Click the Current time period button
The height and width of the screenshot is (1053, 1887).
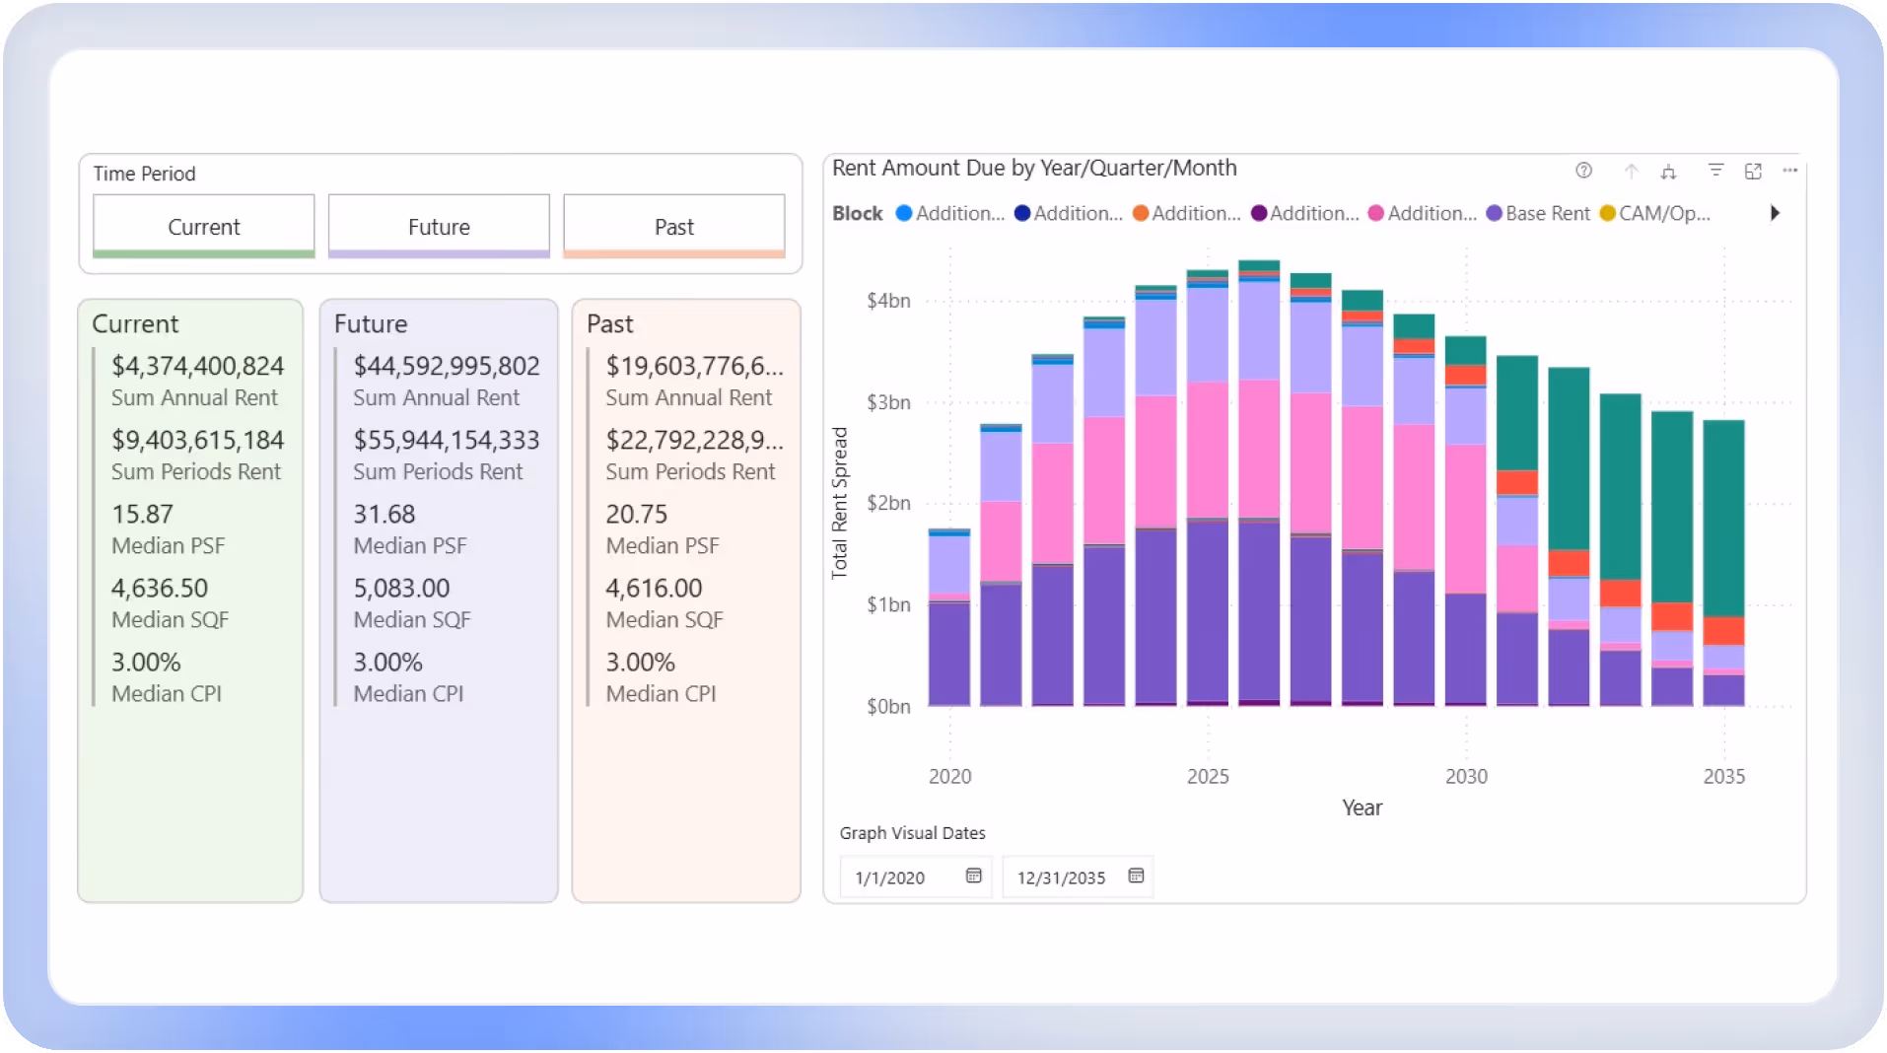click(x=204, y=226)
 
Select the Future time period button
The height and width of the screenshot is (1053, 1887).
click(x=439, y=226)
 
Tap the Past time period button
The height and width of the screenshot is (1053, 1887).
click(x=674, y=226)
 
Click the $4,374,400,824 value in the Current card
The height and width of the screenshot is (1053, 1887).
click(x=197, y=366)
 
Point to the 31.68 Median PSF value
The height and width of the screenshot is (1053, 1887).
click(x=384, y=514)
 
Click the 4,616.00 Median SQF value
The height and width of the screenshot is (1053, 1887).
click(x=654, y=588)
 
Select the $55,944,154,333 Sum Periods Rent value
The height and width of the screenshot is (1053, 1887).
click(x=447, y=440)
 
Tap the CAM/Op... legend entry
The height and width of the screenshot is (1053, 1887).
click(x=1663, y=213)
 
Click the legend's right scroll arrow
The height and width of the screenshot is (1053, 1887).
click(x=1775, y=213)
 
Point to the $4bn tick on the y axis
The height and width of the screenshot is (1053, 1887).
click(x=888, y=301)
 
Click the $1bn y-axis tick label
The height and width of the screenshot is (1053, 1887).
click(x=888, y=604)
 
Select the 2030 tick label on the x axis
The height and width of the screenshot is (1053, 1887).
click(x=1466, y=776)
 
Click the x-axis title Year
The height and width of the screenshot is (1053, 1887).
click(x=1362, y=807)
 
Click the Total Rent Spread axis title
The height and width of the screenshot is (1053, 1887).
click(x=840, y=503)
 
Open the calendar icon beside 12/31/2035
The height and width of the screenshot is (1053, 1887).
click(x=1136, y=876)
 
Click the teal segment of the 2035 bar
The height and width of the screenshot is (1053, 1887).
click(x=1723, y=518)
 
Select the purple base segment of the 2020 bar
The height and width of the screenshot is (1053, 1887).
click(x=948, y=653)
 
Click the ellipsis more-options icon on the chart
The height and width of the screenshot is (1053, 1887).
click(x=1790, y=171)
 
